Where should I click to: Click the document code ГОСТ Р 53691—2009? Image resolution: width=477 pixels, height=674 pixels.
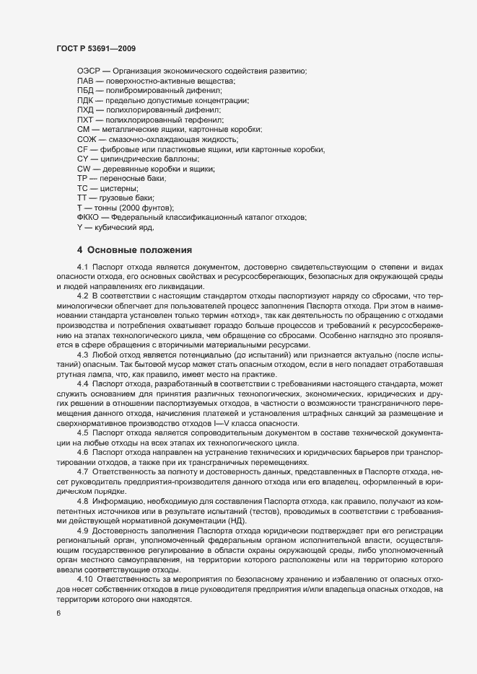(x=96, y=48)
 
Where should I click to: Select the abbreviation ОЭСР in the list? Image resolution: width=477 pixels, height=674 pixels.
(x=88, y=71)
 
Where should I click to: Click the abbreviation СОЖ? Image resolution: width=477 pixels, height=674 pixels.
(x=87, y=138)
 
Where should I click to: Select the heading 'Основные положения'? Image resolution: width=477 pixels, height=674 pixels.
(x=139, y=250)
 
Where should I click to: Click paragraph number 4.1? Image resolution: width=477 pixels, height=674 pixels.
(x=82, y=267)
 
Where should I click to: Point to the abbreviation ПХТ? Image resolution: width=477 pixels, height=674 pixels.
(x=85, y=119)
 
